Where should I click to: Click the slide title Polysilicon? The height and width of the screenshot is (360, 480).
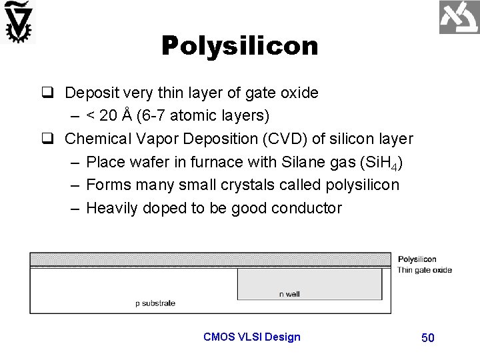[x=239, y=45]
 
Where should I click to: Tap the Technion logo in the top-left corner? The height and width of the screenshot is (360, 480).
[x=18, y=21]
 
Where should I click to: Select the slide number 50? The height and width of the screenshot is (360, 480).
[x=428, y=338]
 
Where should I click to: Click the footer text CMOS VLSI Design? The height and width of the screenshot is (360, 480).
[x=252, y=337]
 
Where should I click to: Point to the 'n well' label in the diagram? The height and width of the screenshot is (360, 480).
[x=289, y=294]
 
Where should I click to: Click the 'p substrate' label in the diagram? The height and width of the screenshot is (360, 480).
[x=155, y=303]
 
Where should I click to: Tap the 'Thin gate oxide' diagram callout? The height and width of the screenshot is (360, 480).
[x=425, y=270]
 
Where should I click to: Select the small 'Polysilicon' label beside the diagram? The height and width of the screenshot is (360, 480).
[x=417, y=259]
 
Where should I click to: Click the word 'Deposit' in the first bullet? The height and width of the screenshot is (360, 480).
[x=89, y=93]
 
